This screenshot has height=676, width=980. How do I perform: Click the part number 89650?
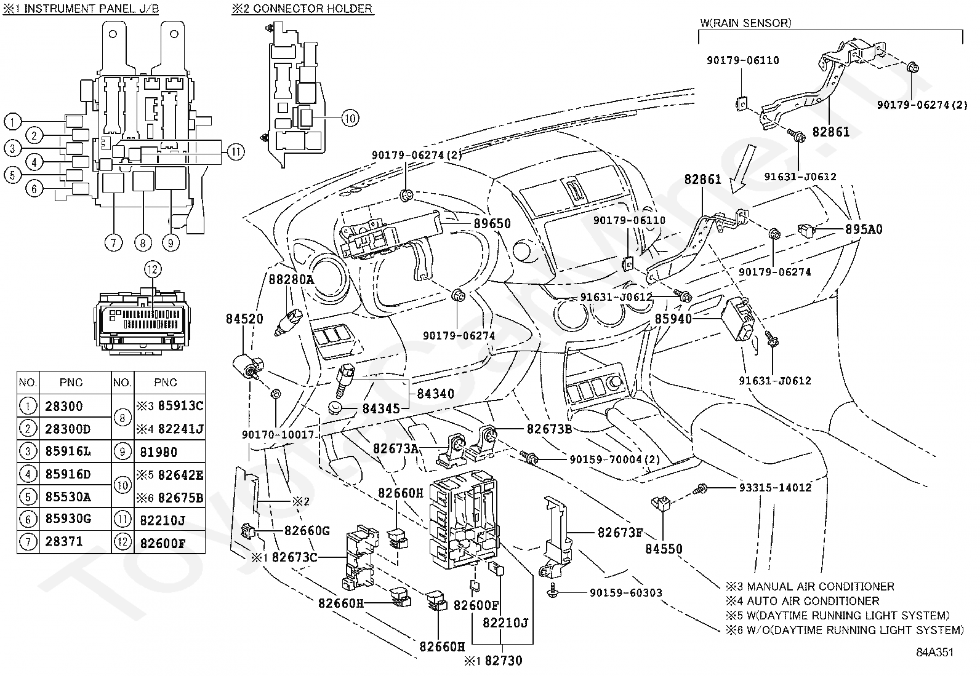[x=492, y=223]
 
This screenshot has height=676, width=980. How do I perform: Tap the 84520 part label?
[x=244, y=319]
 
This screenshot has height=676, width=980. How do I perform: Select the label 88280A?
[x=291, y=279]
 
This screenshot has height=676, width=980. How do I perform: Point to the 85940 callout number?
[x=673, y=319]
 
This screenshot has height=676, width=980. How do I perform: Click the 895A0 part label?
[x=864, y=229]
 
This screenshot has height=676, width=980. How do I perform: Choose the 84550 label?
[x=664, y=549]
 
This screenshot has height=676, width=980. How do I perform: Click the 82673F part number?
[x=621, y=533]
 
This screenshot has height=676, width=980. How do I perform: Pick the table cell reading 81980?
[x=158, y=452]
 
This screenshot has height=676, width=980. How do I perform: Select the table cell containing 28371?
[x=64, y=542]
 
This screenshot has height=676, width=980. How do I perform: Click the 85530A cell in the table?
[x=68, y=497]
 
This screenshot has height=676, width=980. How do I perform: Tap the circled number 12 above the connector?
[x=152, y=269]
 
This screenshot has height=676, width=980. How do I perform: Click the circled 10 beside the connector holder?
[x=350, y=118]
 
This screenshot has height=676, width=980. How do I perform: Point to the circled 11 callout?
[x=236, y=152]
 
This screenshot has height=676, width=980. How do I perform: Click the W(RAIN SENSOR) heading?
[x=745, y=23]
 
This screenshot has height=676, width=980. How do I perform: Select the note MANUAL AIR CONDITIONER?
[x=821, y=586]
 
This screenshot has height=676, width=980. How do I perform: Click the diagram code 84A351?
[x=934, y=652]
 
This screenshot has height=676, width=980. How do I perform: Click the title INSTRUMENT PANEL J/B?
[x=92, y=9]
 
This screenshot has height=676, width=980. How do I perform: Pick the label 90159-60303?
[x=625, y=592]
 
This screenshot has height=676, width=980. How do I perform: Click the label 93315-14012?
[x=775, y=488]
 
